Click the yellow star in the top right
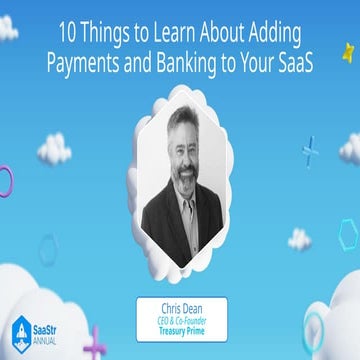(x=350, y=47)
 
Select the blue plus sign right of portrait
(x=312, y=150)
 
